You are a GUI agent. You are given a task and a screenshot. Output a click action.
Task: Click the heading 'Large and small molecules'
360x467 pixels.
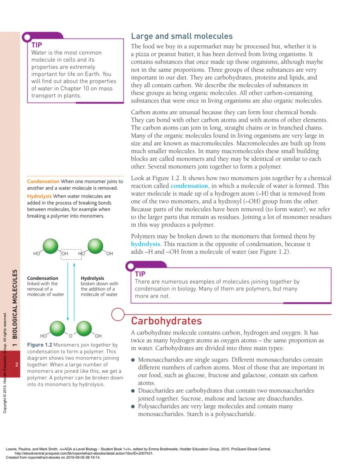[x=182, y=36]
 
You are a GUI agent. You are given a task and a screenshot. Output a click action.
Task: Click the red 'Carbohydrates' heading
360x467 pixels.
[x=166, y=321]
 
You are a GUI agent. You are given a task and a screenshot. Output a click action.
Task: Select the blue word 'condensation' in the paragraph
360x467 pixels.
[x=189, y=186]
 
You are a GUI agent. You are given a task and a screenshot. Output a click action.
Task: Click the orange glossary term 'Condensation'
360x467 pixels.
[x=43, y=181]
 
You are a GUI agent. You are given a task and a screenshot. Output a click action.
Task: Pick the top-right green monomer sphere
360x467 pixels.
[x=95, y=245]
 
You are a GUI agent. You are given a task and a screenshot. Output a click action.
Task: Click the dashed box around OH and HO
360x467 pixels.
[x=71, y=254]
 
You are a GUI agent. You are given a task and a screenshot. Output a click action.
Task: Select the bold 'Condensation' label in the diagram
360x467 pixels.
[x=42, y=278]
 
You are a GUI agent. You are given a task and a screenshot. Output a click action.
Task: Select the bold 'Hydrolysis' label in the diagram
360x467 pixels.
[x=92, y=278]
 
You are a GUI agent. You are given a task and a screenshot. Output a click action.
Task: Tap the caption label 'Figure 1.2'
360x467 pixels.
[x=40, y=345]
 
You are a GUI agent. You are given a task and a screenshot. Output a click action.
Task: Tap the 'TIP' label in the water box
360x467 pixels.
[x=37, y=44]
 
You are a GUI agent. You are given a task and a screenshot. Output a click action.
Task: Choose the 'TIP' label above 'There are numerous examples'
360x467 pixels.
[x=140, y=274]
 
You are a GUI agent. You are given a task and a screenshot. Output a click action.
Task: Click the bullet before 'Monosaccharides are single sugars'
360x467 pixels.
[x=133, y=360]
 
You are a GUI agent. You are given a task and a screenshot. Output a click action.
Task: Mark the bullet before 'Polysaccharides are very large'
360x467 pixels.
[x=133, y=407]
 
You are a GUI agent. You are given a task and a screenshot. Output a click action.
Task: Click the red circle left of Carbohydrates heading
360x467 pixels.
[x=118, y=315]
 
